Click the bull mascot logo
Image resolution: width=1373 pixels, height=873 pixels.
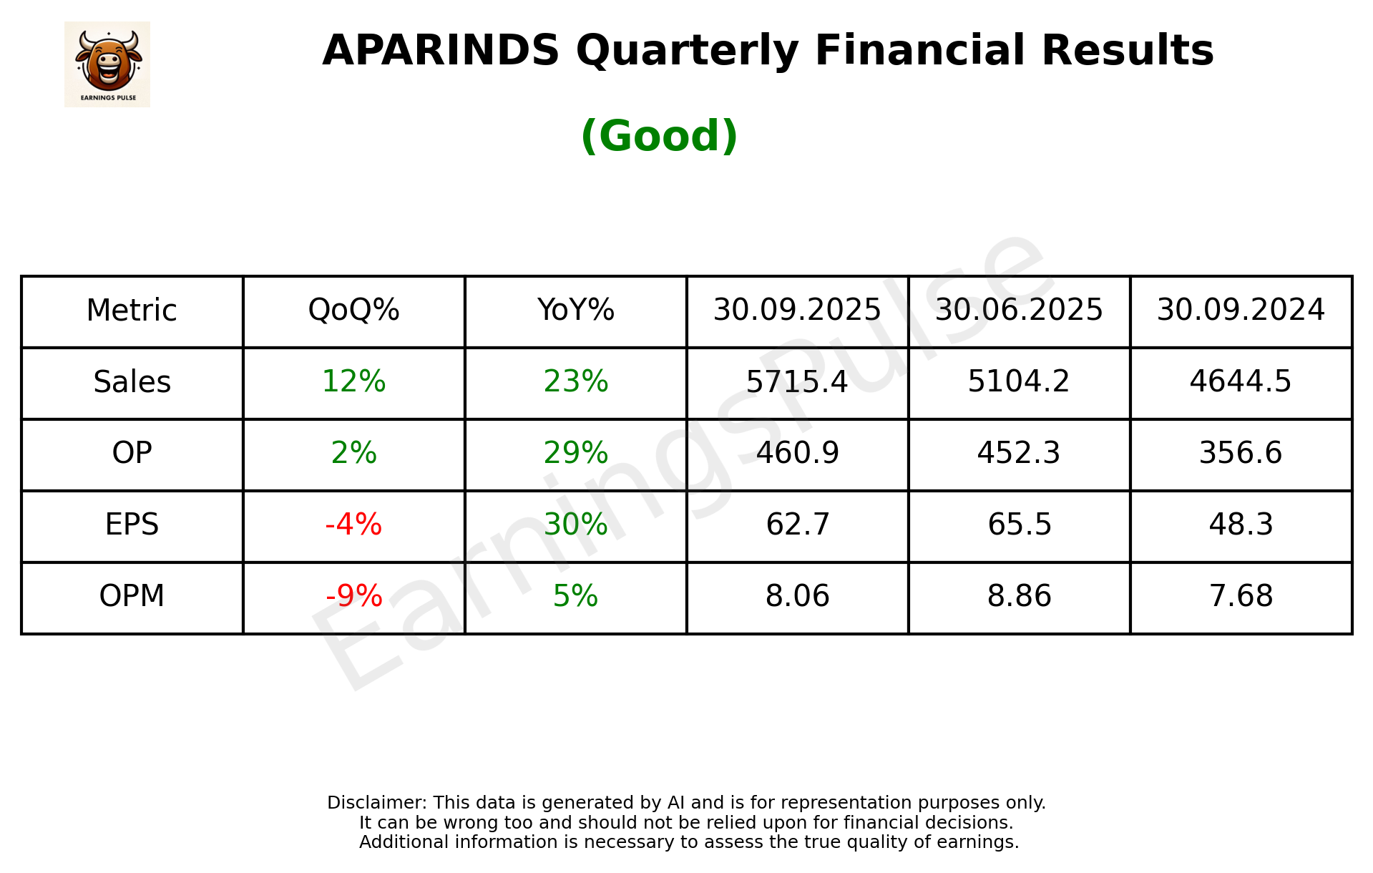click(x=107, y=64)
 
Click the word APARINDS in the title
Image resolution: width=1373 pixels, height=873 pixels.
click(x=440, y=51)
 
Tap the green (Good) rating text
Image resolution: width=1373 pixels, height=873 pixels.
click(x=659, y=136)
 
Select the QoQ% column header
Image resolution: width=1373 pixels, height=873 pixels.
click(x=353, y=311)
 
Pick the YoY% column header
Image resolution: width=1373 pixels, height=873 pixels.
click(x=575, y=311)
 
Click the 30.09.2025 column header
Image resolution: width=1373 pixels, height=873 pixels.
click(x=797, y=311)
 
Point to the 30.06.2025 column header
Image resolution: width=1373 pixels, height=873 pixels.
click(x=1019, y=311)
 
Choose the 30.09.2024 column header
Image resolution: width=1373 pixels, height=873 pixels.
click(x=1241, y=311)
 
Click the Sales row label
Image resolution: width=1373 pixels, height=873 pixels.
click(x=132, y=382)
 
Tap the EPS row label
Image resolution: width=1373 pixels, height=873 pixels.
click(x=132, y=525)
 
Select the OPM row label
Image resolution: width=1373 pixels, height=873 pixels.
click(x=132, y=596)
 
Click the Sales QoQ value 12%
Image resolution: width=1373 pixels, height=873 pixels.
click(x=353, y=381)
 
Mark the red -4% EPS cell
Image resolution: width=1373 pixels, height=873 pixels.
click(x=353, y=525)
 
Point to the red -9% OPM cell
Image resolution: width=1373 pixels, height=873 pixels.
click(x=353, y=596)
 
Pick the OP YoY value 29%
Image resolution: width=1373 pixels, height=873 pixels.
click(x=575, y=453)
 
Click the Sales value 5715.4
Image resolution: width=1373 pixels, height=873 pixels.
click(x=797, y=381)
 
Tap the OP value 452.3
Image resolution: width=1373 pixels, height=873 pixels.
click(x=1019, y=453)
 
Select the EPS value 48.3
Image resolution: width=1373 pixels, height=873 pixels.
click(x=1241, y=525)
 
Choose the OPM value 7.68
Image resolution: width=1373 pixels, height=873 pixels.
click(x=1241, y=596)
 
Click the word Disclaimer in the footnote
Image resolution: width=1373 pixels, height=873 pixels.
click(x=376, y=803)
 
